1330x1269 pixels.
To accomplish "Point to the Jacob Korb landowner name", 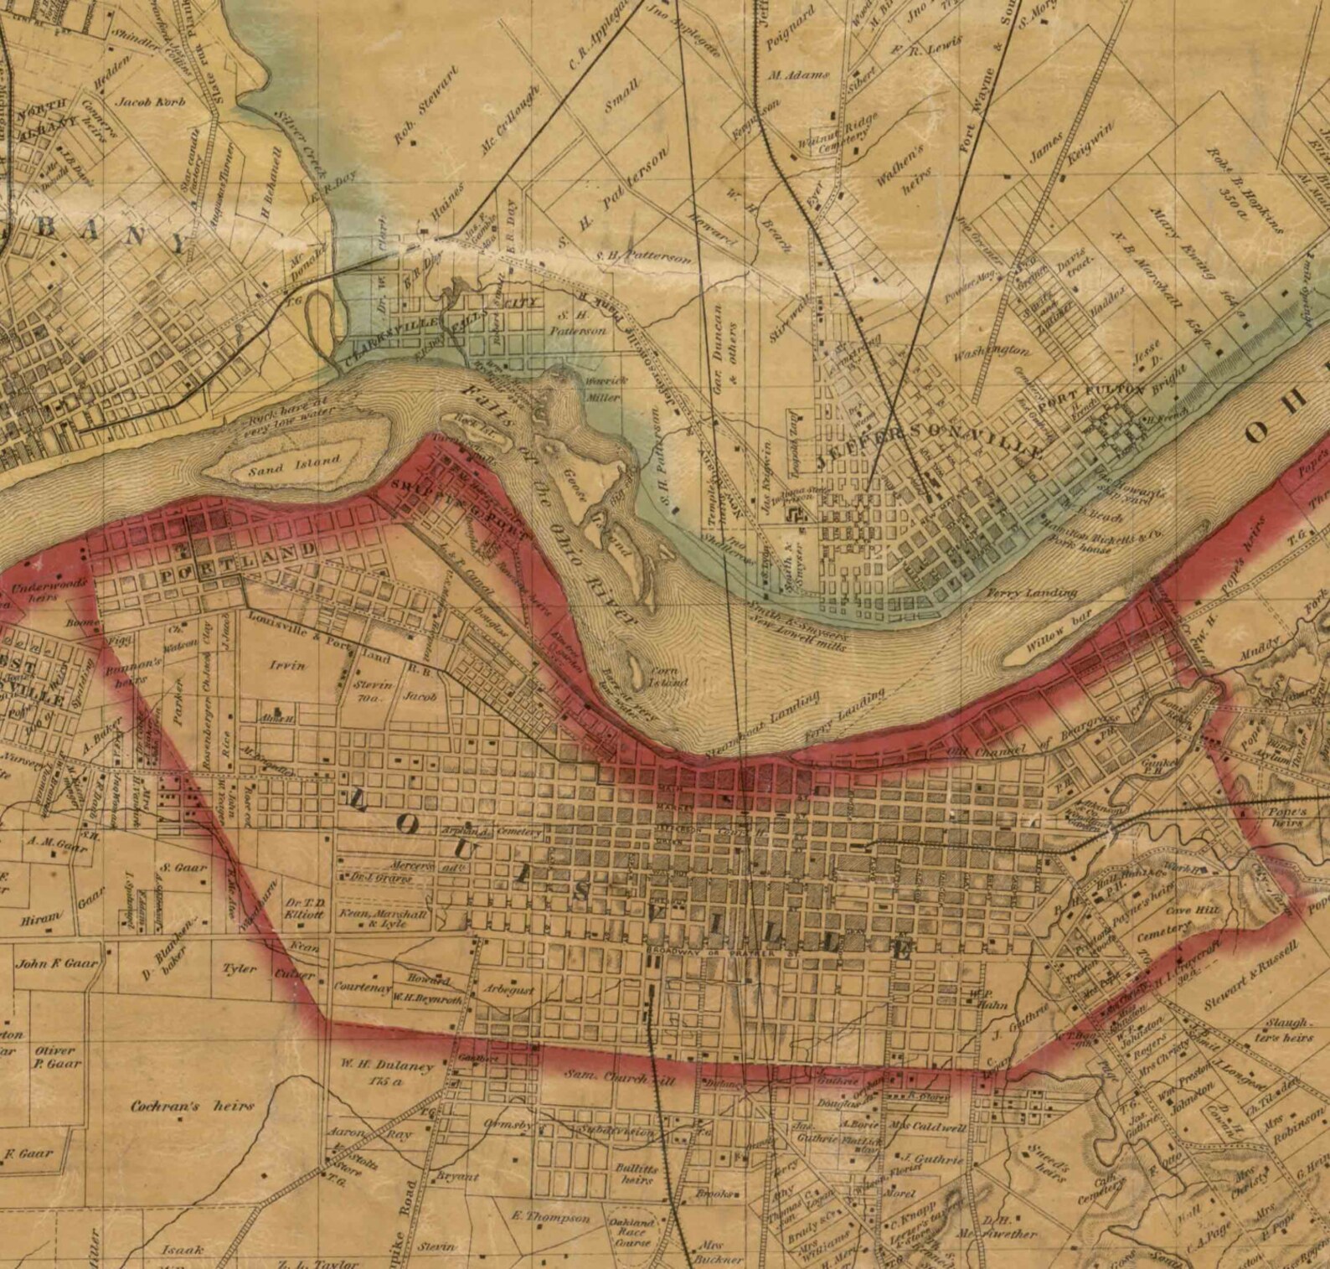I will click(150, 102).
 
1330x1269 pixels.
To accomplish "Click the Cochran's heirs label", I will click(192, 1107).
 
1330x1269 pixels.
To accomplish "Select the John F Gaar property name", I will click(56, 963).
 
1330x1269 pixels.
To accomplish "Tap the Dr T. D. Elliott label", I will click(305, 909).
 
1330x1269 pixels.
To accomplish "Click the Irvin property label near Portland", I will click(286, 665).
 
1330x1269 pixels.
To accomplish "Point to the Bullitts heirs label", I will click(637, 1174).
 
